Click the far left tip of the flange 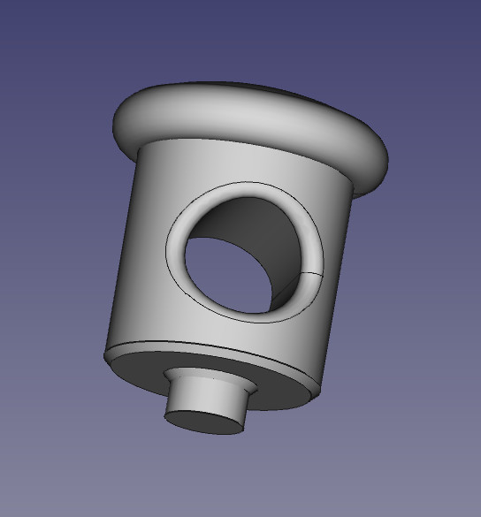[x=115, y=124]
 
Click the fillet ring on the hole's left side [x=177, y=247]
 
